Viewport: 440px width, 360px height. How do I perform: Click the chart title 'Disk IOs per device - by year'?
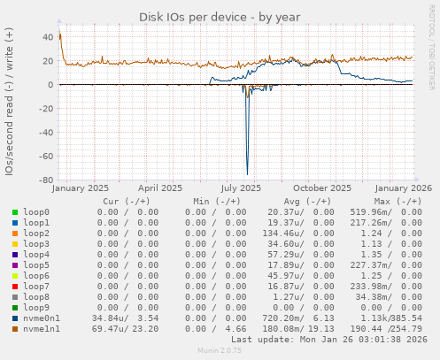tap(220, 17)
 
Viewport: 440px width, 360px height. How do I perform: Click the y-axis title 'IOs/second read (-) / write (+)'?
tap(9, 101)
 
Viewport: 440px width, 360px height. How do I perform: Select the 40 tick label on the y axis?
tap(45, 37)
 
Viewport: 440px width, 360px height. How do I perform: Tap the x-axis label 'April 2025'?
tap(161, 188)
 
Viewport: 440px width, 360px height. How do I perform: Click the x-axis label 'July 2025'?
tap(241, 188)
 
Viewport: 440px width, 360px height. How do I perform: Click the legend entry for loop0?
tap(36, 212)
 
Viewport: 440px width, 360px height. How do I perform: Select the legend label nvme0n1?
tap(42, 318)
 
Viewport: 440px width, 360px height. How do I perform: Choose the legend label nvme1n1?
tap(42, 329)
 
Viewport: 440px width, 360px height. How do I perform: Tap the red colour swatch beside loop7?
tap(15, 287)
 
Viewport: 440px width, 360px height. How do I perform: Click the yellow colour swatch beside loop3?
tap(15, 244)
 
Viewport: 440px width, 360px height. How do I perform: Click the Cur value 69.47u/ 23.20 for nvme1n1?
tap(125, 329)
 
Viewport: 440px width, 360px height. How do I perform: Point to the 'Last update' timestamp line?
tap(328, 340)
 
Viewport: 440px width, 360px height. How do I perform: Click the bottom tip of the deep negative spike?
tap(247, 174)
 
